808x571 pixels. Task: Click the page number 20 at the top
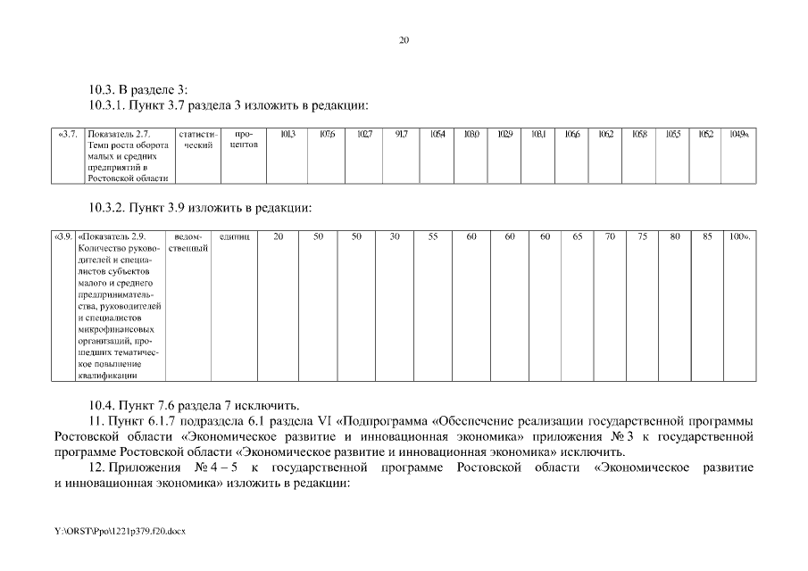pos(404,40)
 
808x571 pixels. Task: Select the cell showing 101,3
pos(287,134)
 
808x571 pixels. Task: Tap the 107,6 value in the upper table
pos(327,134)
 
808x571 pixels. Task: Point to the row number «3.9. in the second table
pos(63,236)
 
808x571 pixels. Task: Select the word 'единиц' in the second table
pos(235,236)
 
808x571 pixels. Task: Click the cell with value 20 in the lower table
pos(279,236)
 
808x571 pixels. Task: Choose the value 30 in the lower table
pos(395,236)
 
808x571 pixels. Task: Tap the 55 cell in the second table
pos(433,236)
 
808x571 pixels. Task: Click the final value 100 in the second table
pos(739,236)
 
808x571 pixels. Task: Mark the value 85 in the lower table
pos(707,236)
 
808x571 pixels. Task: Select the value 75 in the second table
pos(643,236)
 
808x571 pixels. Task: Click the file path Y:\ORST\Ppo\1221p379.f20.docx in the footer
pos(119,531)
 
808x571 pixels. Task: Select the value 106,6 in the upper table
pos(572,134)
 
